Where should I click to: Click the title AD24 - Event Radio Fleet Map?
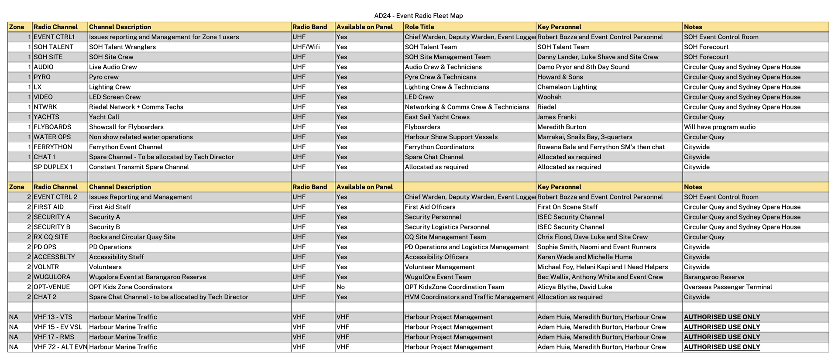(418, 16)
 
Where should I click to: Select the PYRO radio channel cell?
(42, 77)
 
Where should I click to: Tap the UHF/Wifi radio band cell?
(306, 47)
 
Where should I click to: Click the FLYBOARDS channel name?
(52, 127)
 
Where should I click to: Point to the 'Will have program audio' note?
(719, 127)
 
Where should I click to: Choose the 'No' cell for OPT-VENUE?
(340, 287)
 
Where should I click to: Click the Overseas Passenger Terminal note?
(728, 287)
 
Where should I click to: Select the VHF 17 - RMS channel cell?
(54, 337)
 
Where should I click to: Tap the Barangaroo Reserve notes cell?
(714, 277)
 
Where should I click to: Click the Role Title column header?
(419, 27)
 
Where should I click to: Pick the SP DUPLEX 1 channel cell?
(53, 167)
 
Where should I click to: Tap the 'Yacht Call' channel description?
(104, 117)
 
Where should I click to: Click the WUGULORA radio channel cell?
(52, 277)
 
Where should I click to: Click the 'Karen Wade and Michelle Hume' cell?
(585, 257)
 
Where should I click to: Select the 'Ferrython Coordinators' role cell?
(439, 147)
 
